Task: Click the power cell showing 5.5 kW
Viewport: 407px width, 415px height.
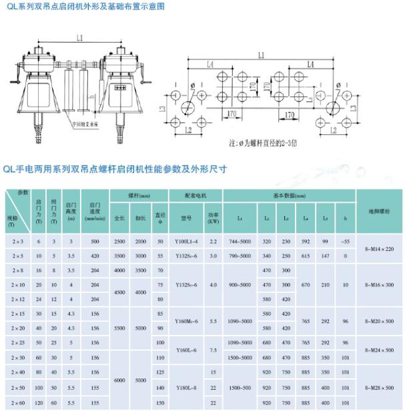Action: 213,321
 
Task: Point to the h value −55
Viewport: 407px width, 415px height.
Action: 345,240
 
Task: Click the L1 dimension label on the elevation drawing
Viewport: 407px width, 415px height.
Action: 79,39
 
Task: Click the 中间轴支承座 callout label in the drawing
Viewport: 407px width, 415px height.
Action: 86,124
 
